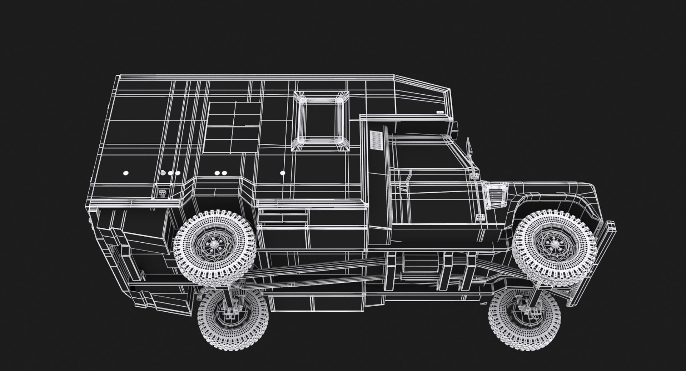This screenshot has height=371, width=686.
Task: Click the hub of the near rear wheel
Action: [214, 244]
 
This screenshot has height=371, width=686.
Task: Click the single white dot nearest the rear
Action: [125, 173]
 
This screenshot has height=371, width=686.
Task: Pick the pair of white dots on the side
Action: [220, 173]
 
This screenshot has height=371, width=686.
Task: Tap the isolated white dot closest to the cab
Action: [283, 173]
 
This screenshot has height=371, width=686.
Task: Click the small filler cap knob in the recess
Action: [163, 193]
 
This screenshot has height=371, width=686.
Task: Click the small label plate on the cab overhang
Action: [440, 112]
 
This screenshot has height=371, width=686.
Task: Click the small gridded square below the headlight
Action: [480, 217]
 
